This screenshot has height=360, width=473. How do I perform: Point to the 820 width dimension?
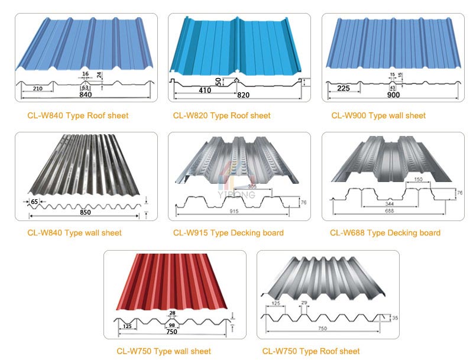(x=243, y=95)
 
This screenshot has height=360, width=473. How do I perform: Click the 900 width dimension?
(x=393, y=95)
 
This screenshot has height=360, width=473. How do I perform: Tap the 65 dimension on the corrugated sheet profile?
(x=34, y=202)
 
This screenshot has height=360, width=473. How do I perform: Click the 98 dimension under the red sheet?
(x=172, y=325)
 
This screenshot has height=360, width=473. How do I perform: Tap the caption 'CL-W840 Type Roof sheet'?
(x=77, y=115)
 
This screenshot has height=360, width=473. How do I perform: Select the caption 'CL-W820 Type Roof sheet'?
(x=222, y=115)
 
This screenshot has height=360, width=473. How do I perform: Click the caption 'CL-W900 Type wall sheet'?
(x=378, y=115)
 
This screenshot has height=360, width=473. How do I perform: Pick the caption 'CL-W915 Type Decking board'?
(x=228, y=233)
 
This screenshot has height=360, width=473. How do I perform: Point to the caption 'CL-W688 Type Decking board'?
(x=385, y=233)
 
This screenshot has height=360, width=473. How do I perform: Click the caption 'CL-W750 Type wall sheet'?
(x=164, y=351)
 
